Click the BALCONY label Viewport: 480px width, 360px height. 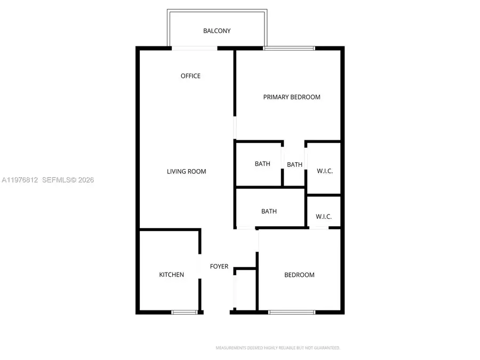click(x=217, y=31)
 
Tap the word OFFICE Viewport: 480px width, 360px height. click(x=190, y=76)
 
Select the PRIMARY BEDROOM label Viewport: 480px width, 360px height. click(x=292, y=97)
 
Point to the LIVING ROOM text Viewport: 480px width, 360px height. click(x=186, y=172)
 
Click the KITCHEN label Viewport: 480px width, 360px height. click(x=171, y=275)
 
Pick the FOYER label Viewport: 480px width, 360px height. click(x=219, y=267)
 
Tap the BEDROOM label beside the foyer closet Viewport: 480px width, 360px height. click(x=299, y=275)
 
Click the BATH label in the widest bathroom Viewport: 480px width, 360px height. click(x=269, y=212)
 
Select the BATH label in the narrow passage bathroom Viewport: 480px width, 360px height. click(x=294, y=165)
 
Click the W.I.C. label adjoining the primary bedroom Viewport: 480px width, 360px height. click(x=324, y=171)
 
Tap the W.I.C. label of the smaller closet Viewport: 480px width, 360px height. click(x=324, y=217)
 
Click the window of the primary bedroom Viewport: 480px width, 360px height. click(x=289, y=49)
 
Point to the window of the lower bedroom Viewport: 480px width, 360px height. click(x=292, y=311)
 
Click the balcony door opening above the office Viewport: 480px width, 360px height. click(x=194, y=48)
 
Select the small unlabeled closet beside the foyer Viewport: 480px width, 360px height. click(x=246, y=289)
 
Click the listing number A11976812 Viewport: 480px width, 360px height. click(x=20, y=180)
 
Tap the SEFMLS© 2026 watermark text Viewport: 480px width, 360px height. click(x=68, y=180)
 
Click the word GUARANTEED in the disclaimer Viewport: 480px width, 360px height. click(x=326, y=348)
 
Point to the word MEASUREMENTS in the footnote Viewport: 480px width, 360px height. click(x=230, y=348)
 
